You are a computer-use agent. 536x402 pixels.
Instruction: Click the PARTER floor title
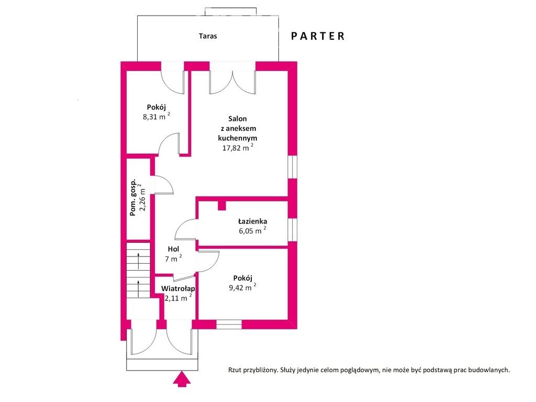click(318, 36)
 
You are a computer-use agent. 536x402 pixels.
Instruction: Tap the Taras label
click(208, 36)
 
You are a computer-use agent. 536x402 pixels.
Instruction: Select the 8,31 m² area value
click(156, 116)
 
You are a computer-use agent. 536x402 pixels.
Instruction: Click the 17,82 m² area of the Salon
click(238, 147)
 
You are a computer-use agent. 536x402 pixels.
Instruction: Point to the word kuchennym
click(238, 138)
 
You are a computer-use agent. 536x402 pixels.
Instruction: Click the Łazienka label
click(253, 221)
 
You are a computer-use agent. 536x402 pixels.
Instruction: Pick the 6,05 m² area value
click(252, 230)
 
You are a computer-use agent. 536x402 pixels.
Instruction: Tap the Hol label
click(173, 249)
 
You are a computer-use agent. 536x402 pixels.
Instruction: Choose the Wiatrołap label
click(178, 289)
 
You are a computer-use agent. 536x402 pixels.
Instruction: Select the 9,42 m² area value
click(242, 287)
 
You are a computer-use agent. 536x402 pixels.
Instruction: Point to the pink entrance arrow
click(182, 379)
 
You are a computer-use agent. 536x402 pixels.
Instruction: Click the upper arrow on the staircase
click(138, 261)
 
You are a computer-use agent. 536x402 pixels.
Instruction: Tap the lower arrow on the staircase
click(138, 289)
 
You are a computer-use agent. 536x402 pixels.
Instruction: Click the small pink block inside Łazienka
click(222, 205)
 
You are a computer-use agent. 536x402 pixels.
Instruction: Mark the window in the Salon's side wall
click(292, 167)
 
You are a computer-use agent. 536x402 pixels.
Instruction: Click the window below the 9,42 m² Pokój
click(229, 324)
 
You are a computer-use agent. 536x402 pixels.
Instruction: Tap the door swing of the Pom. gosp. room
click(164, 185)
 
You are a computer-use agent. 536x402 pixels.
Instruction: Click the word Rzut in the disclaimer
click(235, 370)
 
